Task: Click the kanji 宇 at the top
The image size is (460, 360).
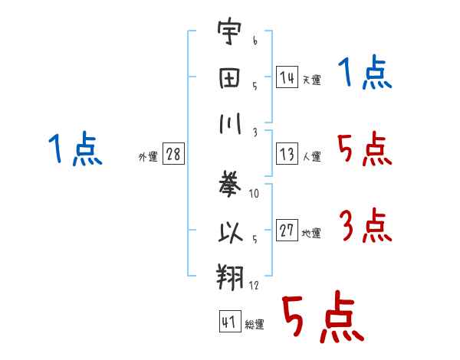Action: pyautogui.click(x=229, y=31)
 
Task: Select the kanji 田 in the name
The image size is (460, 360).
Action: pyautogui.click(x=229, y=78)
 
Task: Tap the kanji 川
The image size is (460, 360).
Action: pyautogui.click(x=230, y=123)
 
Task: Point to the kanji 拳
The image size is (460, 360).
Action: pyautogui.click(x=230, y=184)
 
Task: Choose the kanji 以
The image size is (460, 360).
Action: pyautogui.click(x=231, y=232)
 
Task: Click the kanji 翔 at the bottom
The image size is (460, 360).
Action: pyautogui.click(x=230, y=277)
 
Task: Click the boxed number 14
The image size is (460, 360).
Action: pyautogui.click(x=287, y=77)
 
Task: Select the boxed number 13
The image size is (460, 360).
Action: pyautogui.click(x=287, y=154)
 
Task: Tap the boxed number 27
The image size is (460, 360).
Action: pyautogui.click(x=287, y=230)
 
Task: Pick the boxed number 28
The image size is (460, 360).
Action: pyautogui.click(x=173, y=154)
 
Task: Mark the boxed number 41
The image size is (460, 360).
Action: pyautogui.click(x=230, y=321)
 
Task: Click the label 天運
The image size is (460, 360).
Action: pyautogui.click(x=312, y=80)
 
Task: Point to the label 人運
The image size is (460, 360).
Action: pyautogui.click(x=312, y=156)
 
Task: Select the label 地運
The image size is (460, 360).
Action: pyautogui.click(x=311, y=234)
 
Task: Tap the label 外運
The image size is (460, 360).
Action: pyautogui.click(x=148, y=156)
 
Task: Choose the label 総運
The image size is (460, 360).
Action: pyautogui.click(x=255, y=325)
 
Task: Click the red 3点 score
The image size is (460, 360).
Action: pyautogui.click(x=366, y=225)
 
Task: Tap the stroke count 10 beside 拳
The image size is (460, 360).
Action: pyautogui.click(x=254, y=193)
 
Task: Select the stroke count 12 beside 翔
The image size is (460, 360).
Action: pyautogui.click(x=254, y=285)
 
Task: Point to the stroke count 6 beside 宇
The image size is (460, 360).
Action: pyautogui.click(x=255, y=40)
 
